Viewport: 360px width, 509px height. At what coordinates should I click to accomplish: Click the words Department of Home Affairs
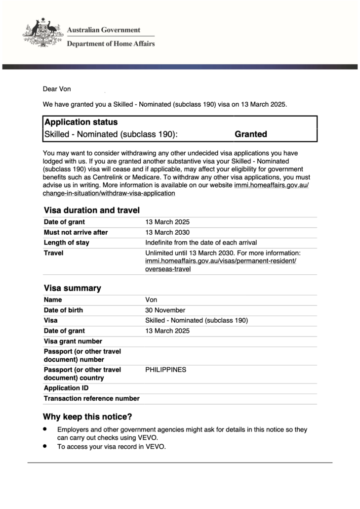tap(111, 43)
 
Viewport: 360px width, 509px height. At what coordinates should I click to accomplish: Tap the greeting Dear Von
tap(57, 89)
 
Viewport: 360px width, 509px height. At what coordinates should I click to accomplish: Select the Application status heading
tap(81, 122)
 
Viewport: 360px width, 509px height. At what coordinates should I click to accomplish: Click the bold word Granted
tap(250, 134)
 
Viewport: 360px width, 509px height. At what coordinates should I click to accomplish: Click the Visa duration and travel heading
tap(91, 210)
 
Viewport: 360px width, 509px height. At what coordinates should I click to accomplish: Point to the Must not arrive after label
tap(76, 232)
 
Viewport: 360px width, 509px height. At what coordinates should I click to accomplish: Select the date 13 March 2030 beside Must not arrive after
tap(167, 232)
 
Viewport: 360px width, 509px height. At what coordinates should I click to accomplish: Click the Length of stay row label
tap(67, 243)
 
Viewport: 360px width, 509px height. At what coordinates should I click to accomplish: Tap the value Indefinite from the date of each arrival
tap(201, 243)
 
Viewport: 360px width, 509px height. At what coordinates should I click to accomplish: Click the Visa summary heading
tap(72, 288)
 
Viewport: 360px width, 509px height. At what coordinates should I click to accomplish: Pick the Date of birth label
tap(63, 310)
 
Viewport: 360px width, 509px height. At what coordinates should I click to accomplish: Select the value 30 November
tap(165, 310)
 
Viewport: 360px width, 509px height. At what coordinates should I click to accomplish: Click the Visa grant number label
tap(73, 341)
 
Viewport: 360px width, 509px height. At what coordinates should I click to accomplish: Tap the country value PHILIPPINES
tap(165, 370)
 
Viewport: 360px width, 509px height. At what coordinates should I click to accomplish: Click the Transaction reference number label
tap(92, 398)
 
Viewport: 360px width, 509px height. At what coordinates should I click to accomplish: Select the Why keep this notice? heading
tap(87, 417)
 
